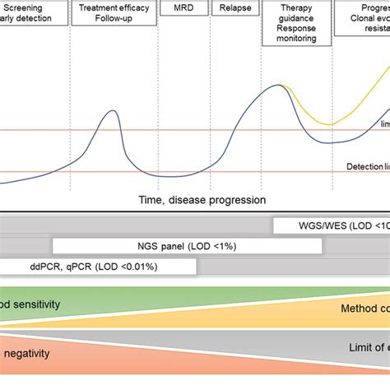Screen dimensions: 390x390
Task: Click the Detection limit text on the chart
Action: coord(367,167)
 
